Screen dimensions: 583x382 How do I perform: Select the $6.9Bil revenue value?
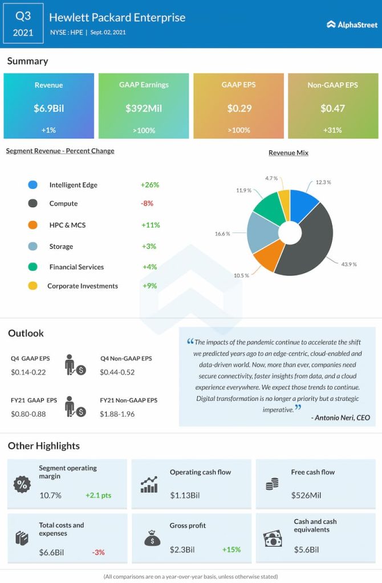(48, 108)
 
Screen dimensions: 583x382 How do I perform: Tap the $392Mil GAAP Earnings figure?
(144, 108)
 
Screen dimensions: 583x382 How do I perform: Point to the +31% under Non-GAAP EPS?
(332, 130)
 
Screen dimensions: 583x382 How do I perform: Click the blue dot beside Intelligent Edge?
(33, 185)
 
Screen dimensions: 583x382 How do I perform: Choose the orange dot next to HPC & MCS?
(33, 225)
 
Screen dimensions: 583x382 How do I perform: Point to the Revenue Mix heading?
(288, 153)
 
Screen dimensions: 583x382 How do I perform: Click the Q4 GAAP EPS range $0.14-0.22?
(28, 372)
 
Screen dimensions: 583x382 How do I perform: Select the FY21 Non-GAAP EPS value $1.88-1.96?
(117, 414)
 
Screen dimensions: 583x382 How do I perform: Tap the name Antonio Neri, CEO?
(340, 418)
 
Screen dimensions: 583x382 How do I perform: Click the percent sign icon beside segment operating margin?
(22, 485)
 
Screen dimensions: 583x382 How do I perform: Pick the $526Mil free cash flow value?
(306, 495)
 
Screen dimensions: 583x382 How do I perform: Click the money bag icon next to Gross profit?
(152, 538)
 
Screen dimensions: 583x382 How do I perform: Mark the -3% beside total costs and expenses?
(98, 552)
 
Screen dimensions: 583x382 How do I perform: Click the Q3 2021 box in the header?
(23, 23)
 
